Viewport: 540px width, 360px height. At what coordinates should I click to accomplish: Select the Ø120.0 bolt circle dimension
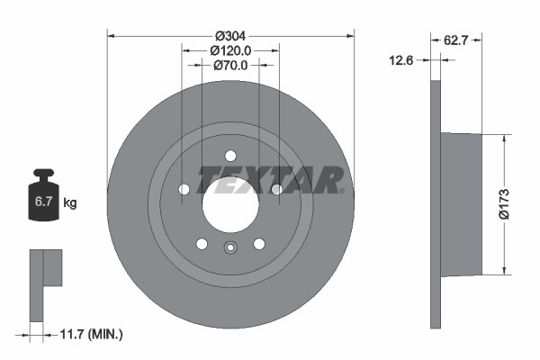tap(229, 51)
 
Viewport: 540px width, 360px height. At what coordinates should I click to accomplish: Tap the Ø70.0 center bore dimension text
tap(229, 66)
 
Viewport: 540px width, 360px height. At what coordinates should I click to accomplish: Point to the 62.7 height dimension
tap(456, 40)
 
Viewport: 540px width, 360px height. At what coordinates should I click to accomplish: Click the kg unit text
tap(69, 203)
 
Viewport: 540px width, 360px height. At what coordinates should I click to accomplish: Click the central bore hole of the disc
tap(229, 201)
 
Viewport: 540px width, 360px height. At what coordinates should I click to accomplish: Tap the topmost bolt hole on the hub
tap(229, 154)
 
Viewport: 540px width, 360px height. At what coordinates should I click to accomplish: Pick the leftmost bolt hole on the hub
tap(184, 189)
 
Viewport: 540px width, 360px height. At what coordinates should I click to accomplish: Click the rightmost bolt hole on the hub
tap(276, 188)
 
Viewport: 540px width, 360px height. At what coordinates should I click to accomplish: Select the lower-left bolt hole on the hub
tap(202, 243)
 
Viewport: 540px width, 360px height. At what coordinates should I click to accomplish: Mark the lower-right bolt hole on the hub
tap(258, 243)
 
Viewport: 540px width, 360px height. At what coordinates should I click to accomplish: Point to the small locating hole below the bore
tap(229, 250)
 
